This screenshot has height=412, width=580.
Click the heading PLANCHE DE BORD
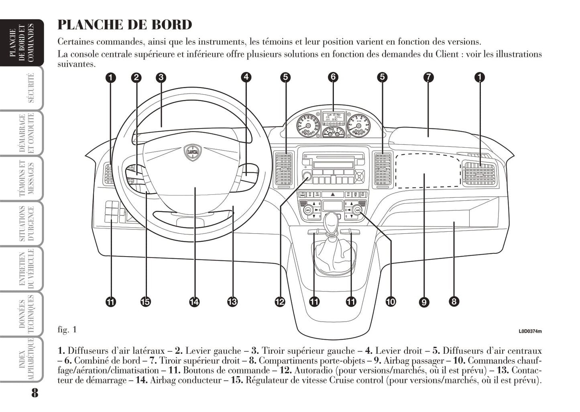point(125,25)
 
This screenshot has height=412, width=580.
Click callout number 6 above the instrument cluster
point(333,77)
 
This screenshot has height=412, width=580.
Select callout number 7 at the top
point(428,77)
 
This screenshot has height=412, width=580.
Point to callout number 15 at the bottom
point(145,301)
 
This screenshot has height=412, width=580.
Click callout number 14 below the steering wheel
point(194,301)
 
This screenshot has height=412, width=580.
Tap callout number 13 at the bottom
point(232,301)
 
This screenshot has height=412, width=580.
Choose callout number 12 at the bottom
point(280,301)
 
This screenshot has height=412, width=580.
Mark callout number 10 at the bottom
point(390,301)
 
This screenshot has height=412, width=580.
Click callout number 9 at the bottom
point(424,302)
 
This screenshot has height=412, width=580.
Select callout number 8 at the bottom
point(454,301)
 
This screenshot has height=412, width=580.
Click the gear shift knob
point(332,222)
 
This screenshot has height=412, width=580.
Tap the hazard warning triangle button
point(332,194)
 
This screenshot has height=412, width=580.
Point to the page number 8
point(35,393)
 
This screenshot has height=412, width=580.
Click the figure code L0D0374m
point(530,332)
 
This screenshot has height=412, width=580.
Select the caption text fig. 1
point(67,330)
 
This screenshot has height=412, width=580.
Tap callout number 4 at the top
point(246,77)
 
